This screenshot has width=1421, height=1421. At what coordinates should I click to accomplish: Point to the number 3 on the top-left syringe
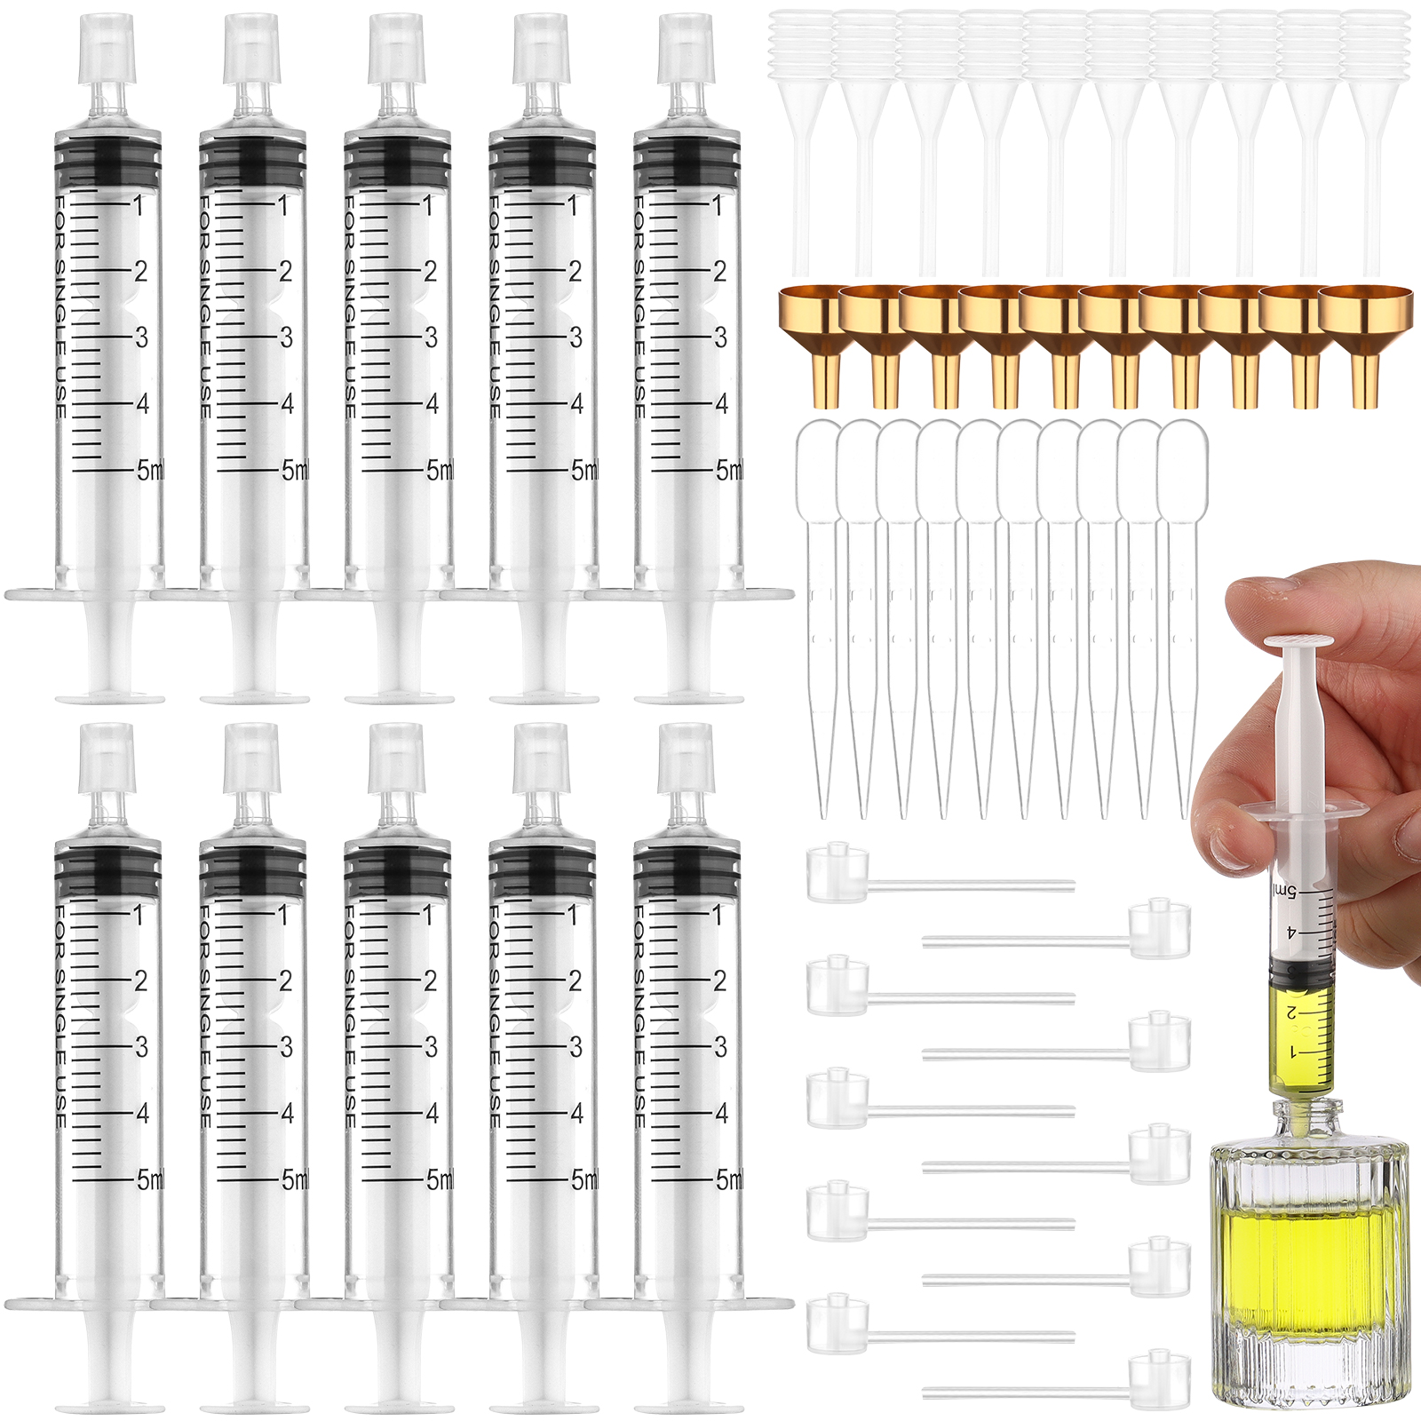click(x=141, y=337)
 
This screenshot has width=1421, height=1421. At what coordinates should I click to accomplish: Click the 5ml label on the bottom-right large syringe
click(x=729, y=1179)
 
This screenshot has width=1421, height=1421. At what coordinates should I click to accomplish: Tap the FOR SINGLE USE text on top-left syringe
click(x=60, y=307)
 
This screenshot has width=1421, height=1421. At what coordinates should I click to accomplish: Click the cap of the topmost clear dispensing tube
click(x=838, y=872)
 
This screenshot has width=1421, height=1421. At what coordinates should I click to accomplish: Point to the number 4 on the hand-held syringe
click(x=1291, y=932)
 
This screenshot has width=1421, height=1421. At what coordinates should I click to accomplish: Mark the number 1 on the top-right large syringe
click(x=718, y=205)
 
